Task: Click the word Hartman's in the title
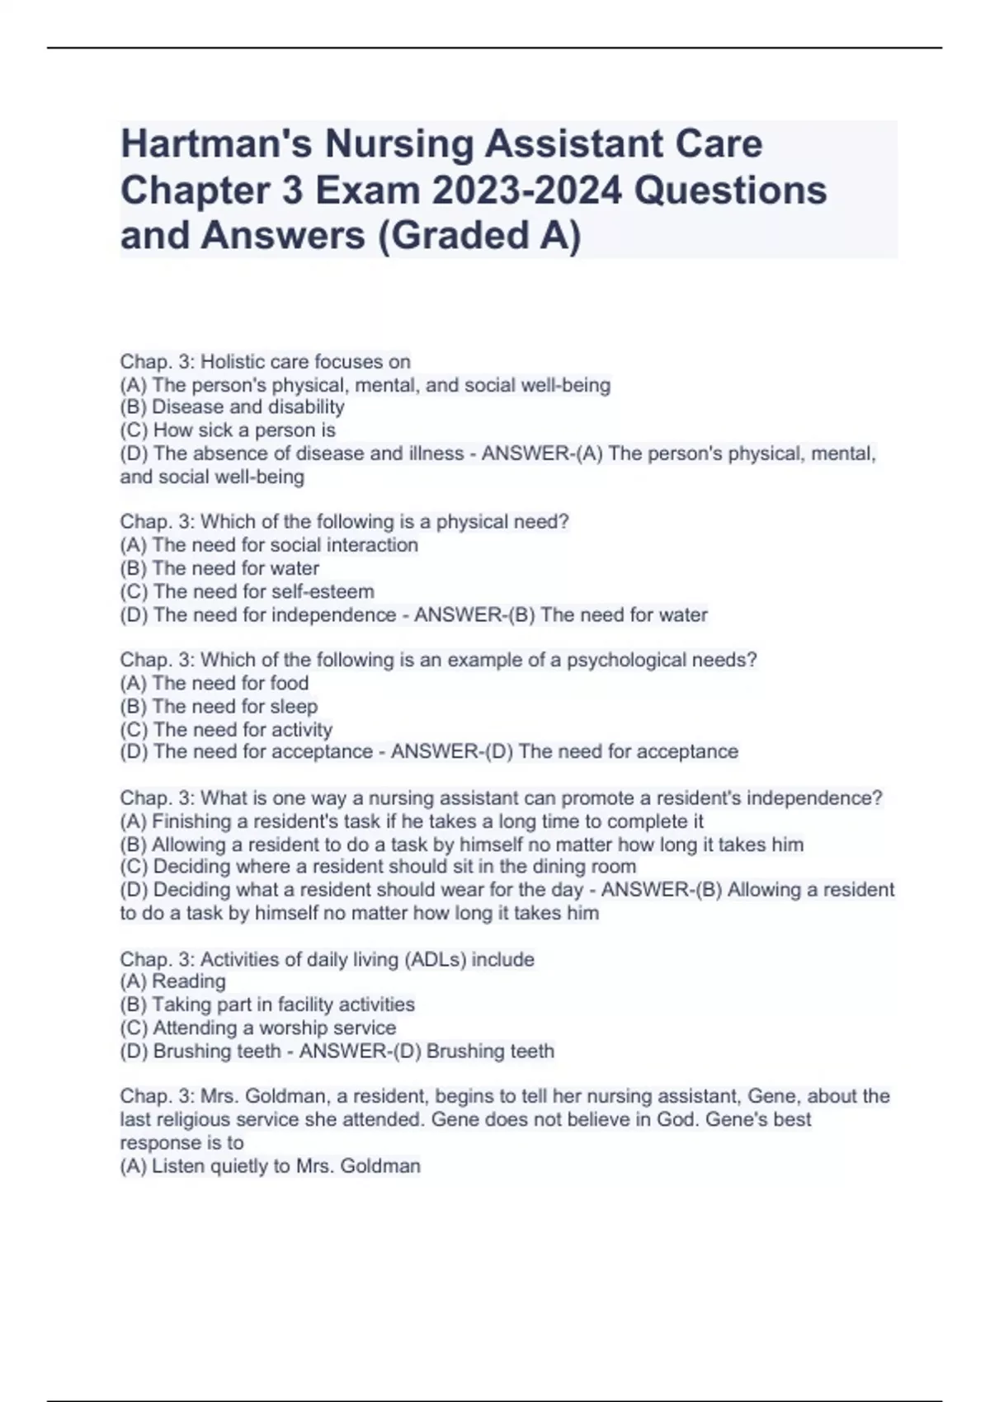point(216,144)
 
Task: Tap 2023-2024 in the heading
point(527,191)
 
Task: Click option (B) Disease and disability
point(232,407)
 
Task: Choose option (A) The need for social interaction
point(269,545)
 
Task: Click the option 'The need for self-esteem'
point(247,591)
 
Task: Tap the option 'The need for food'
point(214,684)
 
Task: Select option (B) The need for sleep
point(219,707)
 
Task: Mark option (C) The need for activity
point(226,730)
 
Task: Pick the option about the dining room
point(378,867)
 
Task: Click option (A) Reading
point(172,981)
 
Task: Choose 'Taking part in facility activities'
point(267,1004)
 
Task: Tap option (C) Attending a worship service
point(258,1028)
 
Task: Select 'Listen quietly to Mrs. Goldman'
point(271,1166)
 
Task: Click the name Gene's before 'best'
point(738,1120)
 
